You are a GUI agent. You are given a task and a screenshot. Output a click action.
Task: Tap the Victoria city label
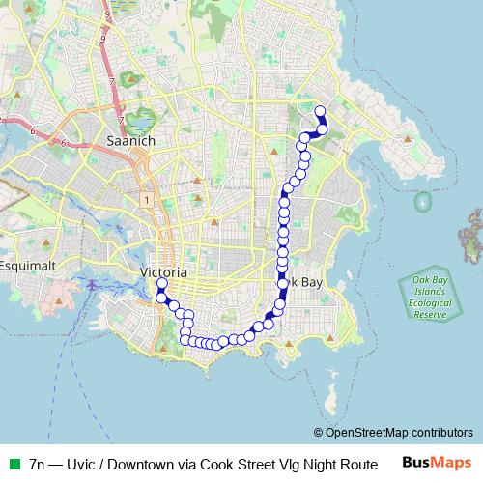pos(163,273)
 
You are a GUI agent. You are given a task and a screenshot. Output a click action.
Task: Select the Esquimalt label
pos(30,265)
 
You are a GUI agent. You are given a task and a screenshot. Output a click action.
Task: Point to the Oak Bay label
pos(302,281)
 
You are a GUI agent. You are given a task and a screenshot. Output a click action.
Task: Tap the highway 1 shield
pos(145,199)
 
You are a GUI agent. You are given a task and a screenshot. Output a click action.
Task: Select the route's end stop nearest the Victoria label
pos(161,284)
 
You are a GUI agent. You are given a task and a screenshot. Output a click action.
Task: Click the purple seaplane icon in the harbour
pos(91,285)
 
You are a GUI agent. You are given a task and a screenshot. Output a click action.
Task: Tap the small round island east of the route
pos(422,203)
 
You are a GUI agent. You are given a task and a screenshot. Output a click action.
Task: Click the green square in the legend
pos(13,463)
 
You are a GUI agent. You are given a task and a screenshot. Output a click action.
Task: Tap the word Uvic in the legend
pos(83,463)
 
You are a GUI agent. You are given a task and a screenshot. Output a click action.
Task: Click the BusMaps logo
pos(437,462)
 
